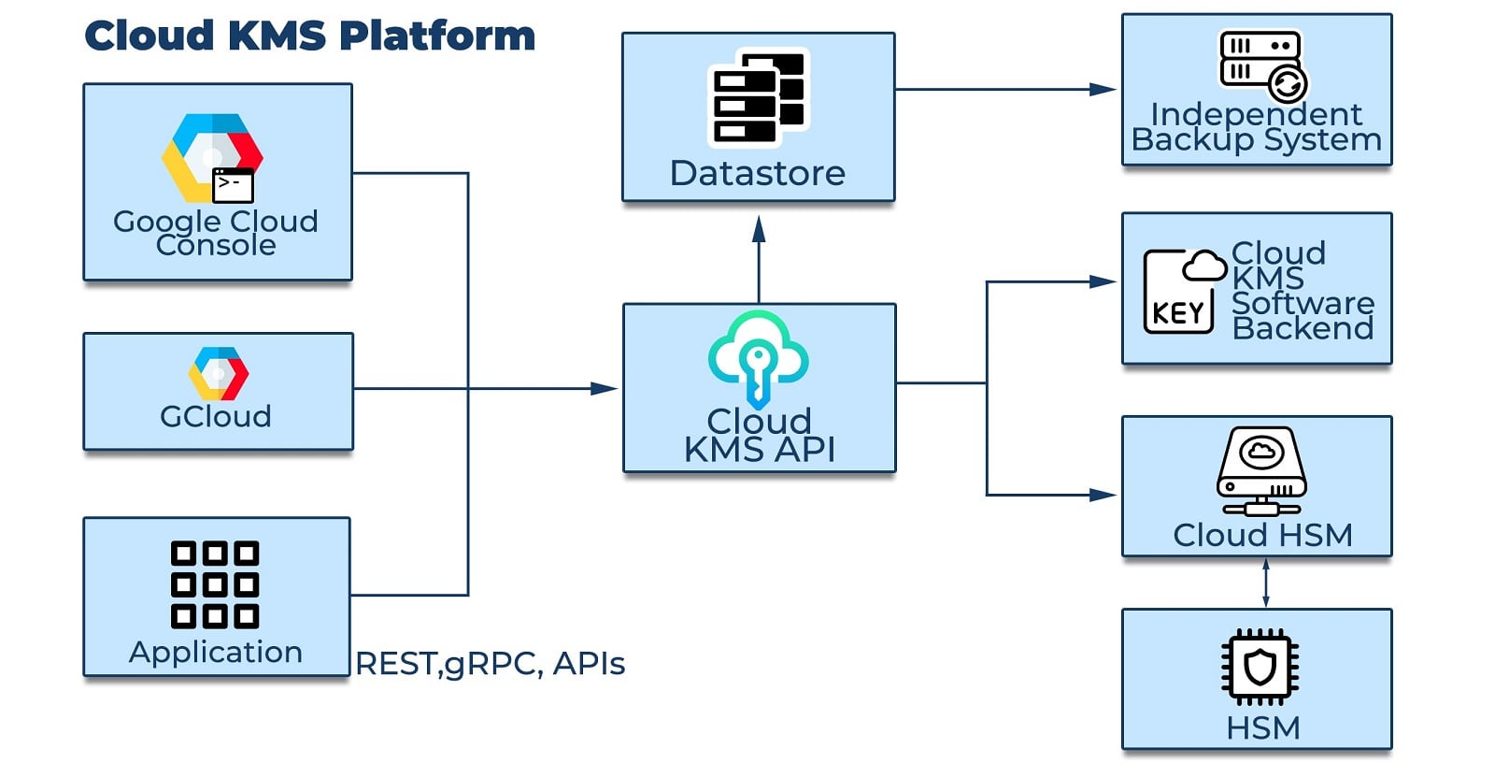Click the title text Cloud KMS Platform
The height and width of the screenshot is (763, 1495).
click(x=309, y=36)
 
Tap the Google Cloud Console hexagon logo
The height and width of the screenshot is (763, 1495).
click(x=212, y=157)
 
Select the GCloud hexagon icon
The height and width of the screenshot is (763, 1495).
click(x=218, y=373)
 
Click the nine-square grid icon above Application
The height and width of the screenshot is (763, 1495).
click(x=215, y=584)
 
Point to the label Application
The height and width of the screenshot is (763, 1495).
click(x=216, y=652)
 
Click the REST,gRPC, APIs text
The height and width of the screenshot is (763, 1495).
click(x=490, y=663)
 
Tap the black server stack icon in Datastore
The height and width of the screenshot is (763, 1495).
click(x=759, y=98)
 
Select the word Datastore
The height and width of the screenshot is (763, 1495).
click(x=758, y=173)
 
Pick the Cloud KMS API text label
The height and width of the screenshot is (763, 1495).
click(x=759, y=436)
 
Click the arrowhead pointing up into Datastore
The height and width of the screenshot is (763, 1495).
click(x=759, y=229)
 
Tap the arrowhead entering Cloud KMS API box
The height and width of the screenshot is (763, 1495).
click(x=604, y=388)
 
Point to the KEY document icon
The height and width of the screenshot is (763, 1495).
click(x=1181, y=291)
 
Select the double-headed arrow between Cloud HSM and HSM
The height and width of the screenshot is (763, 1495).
click(x=1265, y=583)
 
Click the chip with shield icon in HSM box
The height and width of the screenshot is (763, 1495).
click(x=1260, y=667)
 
